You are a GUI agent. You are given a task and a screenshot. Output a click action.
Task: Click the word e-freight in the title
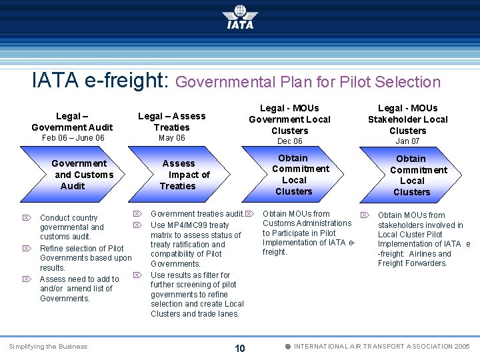tap(126, 80)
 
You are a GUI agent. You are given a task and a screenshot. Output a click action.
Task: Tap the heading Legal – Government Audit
tap(72, 121)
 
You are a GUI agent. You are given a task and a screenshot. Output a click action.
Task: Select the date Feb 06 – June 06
tap(73, 138)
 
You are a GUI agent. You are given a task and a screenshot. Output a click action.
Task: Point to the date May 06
tap(171, 138)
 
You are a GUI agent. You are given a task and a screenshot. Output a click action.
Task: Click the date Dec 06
tap(289, 141)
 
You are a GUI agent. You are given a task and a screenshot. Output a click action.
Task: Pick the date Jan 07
tap(407, 141)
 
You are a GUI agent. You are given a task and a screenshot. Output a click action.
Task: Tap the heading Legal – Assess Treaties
tap(171, 121)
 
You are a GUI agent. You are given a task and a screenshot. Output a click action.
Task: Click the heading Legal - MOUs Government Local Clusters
tap(289, 119)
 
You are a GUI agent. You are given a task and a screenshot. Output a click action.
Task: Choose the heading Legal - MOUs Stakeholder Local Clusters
tap(407, 119)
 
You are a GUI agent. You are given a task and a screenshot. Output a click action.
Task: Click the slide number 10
tap(240, 348)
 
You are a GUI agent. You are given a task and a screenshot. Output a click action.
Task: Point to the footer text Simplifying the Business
tap(48, 347)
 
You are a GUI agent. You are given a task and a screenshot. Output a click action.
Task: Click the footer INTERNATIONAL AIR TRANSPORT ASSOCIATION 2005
tap(382, 347)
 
